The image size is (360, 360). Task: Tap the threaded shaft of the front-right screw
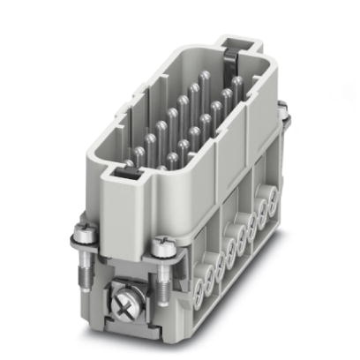click(165, 270)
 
